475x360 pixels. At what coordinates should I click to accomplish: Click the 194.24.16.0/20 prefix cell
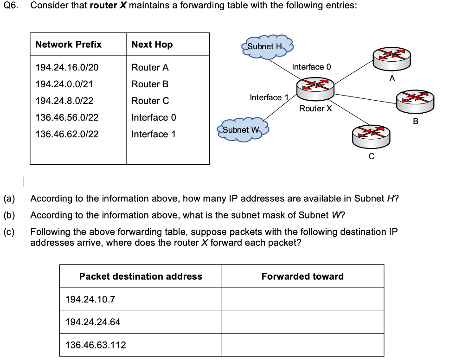67,67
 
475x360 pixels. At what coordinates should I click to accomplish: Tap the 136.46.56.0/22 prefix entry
67,117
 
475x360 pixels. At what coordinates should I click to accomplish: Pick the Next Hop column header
152,45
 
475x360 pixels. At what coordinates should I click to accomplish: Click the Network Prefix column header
68,45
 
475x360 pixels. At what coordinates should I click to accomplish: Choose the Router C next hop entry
150,101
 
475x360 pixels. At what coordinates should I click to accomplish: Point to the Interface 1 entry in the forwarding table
154,134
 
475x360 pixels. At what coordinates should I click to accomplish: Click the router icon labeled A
392,58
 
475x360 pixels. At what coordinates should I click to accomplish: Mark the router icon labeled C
371,135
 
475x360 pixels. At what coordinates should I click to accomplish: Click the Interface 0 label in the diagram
311,67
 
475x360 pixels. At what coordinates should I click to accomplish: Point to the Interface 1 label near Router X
269,97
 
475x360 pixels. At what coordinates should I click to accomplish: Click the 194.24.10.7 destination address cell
90,299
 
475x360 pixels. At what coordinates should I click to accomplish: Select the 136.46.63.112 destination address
96,345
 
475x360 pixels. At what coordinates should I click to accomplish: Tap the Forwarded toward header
302,276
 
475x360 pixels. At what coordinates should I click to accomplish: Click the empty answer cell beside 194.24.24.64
302,322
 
